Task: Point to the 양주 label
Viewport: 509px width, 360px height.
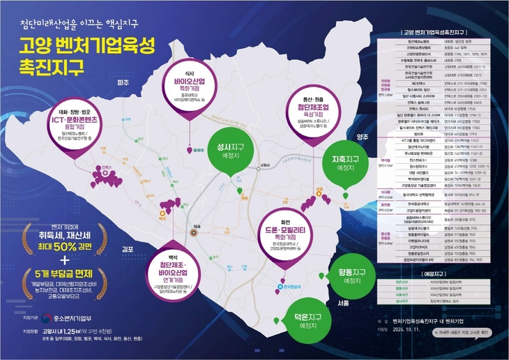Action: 363,137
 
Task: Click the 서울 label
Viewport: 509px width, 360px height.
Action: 343,303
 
